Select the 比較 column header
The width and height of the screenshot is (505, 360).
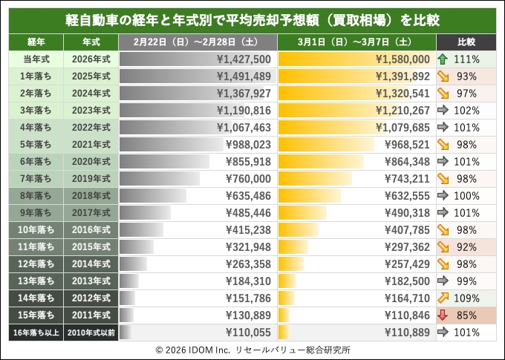pos(466,42)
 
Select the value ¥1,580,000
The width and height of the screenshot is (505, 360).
pos(403,59)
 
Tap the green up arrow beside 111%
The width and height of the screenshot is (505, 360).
pos(443,59)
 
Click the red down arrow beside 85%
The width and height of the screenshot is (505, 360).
pos(443,315)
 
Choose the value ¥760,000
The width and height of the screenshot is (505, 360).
pos(248,178)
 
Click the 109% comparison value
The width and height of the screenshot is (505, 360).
pos(467,298)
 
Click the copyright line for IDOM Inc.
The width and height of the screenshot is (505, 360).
pos(252,349)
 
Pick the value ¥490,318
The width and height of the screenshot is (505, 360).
pos(404,212)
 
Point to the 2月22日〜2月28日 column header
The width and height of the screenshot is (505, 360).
pos(197,42)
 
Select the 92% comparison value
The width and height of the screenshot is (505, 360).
pos(467,246)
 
